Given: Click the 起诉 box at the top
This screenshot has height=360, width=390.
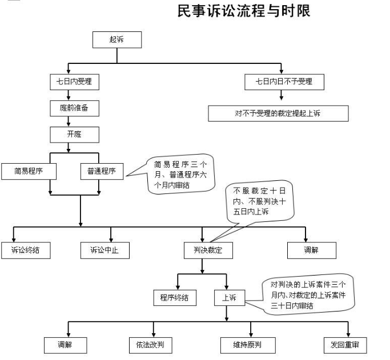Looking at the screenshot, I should point(117,39).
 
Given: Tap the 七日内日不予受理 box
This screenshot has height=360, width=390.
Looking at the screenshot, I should point(283,82).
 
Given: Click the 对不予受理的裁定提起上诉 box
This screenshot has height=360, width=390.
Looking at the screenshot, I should point(278,114).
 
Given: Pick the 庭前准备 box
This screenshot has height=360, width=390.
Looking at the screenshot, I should point(74,108).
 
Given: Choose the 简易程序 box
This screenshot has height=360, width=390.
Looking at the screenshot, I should point(27,171).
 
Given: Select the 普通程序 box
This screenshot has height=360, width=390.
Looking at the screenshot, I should point(101,171).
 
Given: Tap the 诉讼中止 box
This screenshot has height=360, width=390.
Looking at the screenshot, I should point(104,250).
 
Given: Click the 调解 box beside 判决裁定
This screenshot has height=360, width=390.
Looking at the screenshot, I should point(311,250).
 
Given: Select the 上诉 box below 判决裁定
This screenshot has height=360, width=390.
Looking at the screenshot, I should point(229,297).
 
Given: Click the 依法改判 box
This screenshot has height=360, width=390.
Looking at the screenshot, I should point(150,345).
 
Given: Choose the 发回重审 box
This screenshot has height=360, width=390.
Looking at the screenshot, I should point(345,345).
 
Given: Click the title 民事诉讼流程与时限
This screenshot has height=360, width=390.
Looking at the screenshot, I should point(244,11).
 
